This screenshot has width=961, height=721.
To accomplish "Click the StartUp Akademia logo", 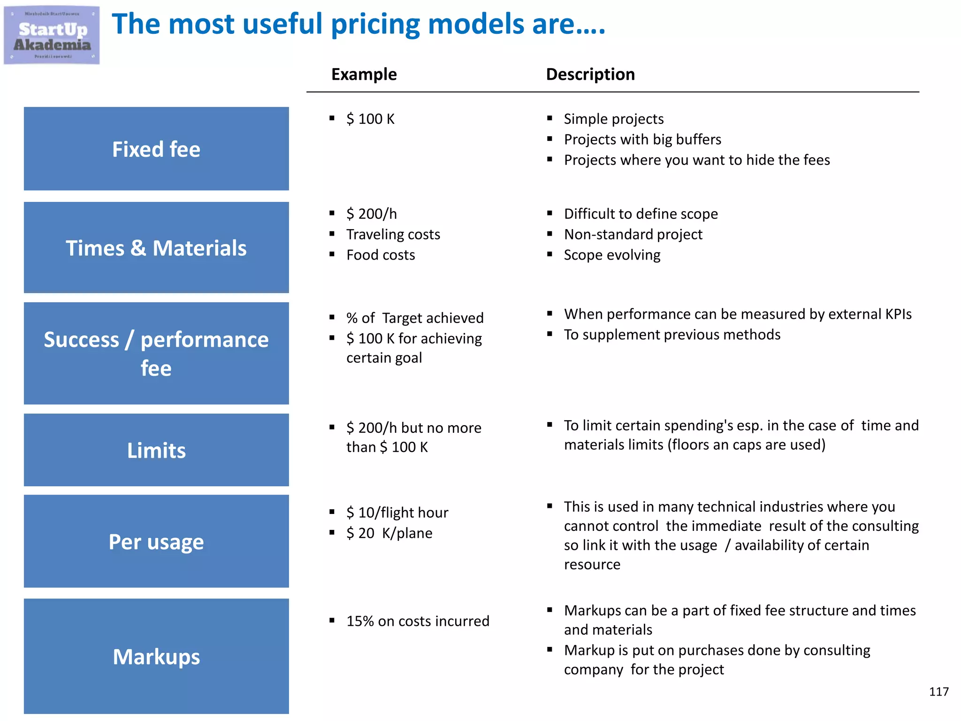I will pos(52,36).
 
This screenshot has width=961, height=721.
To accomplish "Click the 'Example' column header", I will pos(364,74).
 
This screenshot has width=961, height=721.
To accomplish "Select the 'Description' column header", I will pos(590,74).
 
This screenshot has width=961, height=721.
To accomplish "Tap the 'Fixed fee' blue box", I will pos(156,149).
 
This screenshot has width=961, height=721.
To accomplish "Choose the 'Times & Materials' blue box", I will pos(156,247).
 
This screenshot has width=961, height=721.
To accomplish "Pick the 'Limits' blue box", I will pos(156,450).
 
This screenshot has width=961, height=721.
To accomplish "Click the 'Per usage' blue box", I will pos(156,541).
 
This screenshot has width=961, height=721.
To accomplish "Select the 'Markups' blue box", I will pos(156,656).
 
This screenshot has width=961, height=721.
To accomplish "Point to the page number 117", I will pos(938,692).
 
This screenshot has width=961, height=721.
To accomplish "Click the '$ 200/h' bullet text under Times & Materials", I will pos(371,214).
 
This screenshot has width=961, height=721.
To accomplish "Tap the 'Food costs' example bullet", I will pos(381,255).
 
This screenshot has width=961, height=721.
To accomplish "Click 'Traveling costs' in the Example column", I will pos(393,234).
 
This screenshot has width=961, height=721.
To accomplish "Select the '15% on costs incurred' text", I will pos(418,621).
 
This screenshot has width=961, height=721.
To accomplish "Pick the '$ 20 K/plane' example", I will pos(389,533).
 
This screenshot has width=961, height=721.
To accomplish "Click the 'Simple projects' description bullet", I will pos(613,119).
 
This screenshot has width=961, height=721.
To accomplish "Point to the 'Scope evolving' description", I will pos(612,255).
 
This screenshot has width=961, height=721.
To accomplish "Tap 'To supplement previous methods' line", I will pos(672,335).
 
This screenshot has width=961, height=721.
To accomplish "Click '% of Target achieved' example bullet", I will pos(415,318).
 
